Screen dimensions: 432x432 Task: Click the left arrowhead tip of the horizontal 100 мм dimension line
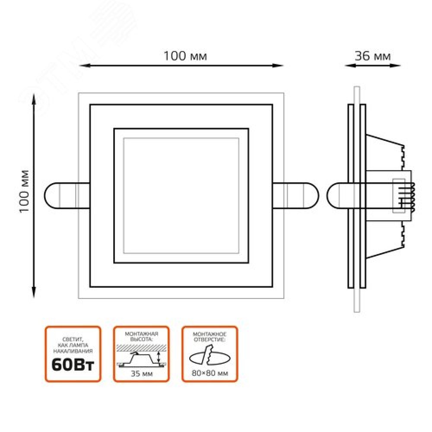79,66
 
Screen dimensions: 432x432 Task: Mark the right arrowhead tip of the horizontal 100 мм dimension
283,66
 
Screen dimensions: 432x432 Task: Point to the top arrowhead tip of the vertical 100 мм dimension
34,94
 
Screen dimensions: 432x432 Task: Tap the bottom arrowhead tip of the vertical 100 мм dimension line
34,298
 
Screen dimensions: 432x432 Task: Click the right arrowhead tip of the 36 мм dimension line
400,66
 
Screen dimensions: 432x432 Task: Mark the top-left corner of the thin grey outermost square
79,93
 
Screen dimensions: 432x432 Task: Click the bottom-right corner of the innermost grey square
238,253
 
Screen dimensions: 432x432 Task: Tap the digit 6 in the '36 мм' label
366,56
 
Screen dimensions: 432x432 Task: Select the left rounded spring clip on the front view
67,196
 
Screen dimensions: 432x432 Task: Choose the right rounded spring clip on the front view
295,196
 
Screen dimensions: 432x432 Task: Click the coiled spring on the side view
412,197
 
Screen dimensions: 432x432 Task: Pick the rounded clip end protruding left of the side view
337,196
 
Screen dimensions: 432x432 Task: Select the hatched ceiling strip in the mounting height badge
141,348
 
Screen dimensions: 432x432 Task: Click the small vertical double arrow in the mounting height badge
159,357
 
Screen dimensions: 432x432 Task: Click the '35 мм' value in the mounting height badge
142,374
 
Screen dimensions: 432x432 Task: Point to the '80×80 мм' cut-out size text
210,373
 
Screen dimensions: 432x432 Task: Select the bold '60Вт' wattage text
73,365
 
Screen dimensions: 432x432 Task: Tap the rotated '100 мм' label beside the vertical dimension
25,191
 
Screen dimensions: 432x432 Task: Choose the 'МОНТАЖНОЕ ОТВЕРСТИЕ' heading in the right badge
210,337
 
